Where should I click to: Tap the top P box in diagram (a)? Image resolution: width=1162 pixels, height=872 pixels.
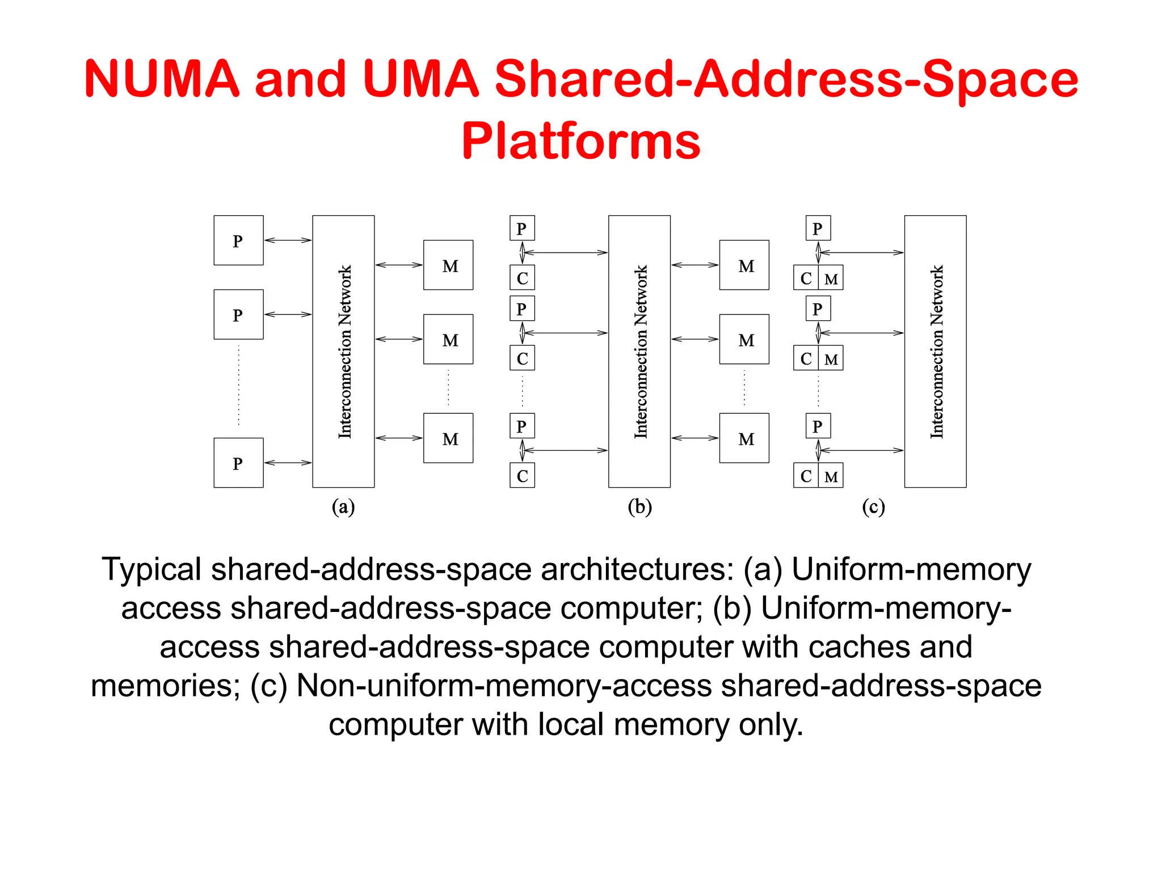coord(238,240)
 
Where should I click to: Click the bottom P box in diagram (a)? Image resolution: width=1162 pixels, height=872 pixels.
coord(238,463)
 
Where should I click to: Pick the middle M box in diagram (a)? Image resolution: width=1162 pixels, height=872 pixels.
coord(448,339)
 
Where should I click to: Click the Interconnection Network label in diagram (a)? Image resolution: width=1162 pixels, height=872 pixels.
coord(344,351)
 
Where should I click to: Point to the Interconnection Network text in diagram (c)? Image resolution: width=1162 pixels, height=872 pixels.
coord(936,351)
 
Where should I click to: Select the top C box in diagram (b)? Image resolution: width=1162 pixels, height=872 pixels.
coord(522,278)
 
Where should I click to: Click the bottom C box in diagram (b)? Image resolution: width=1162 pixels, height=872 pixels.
coord(522,476)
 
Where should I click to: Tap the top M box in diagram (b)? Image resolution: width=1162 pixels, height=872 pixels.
coord(744,265)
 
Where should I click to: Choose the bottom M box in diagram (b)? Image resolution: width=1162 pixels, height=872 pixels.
coord(744,438)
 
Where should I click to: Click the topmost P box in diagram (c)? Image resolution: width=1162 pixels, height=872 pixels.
coord(818,228)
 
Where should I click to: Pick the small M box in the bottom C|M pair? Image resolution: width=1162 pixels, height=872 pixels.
coord(831,476)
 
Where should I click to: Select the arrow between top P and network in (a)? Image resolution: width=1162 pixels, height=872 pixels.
coord(288,240)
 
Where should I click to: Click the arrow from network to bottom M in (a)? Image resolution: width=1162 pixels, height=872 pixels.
coord(399,438)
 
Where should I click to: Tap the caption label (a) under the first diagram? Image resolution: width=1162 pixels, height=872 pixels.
coord(343,506)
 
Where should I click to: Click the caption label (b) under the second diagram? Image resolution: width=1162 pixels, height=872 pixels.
coord(639,506)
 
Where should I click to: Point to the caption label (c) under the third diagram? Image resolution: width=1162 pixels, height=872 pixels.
coord(873,506)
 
